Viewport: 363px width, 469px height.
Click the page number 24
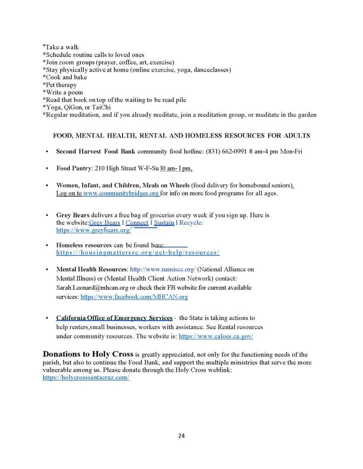(x=181, y=436)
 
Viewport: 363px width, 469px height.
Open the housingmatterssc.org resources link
(x=138, y=253)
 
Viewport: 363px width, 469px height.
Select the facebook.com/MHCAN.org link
(x=134, y=297)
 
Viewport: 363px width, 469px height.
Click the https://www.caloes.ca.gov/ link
(x=216, y=336)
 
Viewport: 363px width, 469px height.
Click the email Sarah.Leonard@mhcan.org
(x=92, y=288)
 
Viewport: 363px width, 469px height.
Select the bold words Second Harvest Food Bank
(x=95, y=151)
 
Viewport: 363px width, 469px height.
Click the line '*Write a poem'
(x=62, y=92)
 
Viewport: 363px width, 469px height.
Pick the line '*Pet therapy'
(x=60, y=85)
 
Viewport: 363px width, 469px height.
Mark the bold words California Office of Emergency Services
(x=114, y=318)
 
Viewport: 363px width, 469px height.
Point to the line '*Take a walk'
(x=61, y=47)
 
